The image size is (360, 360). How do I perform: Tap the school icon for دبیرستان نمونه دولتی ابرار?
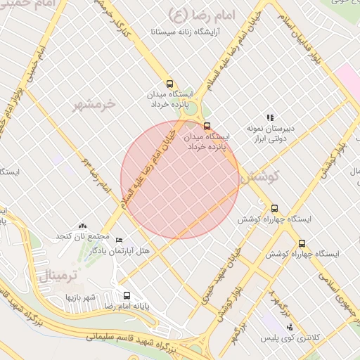269,117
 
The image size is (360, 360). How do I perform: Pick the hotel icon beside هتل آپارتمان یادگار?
118,240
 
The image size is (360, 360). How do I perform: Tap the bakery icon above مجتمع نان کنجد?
83,225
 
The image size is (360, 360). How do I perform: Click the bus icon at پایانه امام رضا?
127,296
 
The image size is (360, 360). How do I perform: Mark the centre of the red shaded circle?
180,179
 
